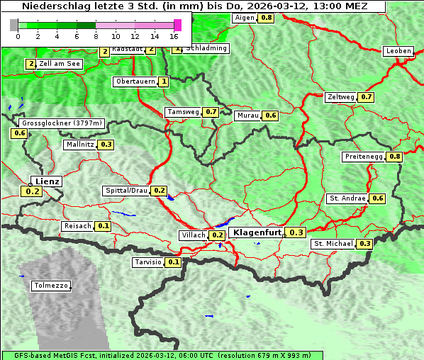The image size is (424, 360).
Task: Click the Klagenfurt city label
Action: pos(257,232)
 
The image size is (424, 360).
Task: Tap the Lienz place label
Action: pos(47,181)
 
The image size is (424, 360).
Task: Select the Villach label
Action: pos(194,235)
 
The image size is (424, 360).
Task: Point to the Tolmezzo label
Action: pos(51,286)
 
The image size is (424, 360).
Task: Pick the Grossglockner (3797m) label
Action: pos(62,123)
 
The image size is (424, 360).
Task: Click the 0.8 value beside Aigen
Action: pos(267,17)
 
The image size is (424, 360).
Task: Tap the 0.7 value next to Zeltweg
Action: pos(367,97)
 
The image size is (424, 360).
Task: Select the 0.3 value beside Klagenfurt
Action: pos(296,232)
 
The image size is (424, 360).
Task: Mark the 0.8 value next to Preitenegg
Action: pos(395,157)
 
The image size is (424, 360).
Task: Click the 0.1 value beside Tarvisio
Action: pos(174,262)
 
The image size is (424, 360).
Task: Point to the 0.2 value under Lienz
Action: pos(32,191)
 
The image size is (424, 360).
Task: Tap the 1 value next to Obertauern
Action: pos(164,81)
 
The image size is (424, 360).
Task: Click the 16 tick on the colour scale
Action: pos(174,35)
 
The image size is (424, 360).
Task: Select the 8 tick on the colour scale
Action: pos(96,35)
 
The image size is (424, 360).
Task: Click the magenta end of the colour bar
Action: pos(177,25)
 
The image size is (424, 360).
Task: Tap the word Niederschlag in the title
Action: pos(52,6)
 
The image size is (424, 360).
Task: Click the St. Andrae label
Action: pos(347,198)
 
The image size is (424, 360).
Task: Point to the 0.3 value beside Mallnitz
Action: pos(106,145)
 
